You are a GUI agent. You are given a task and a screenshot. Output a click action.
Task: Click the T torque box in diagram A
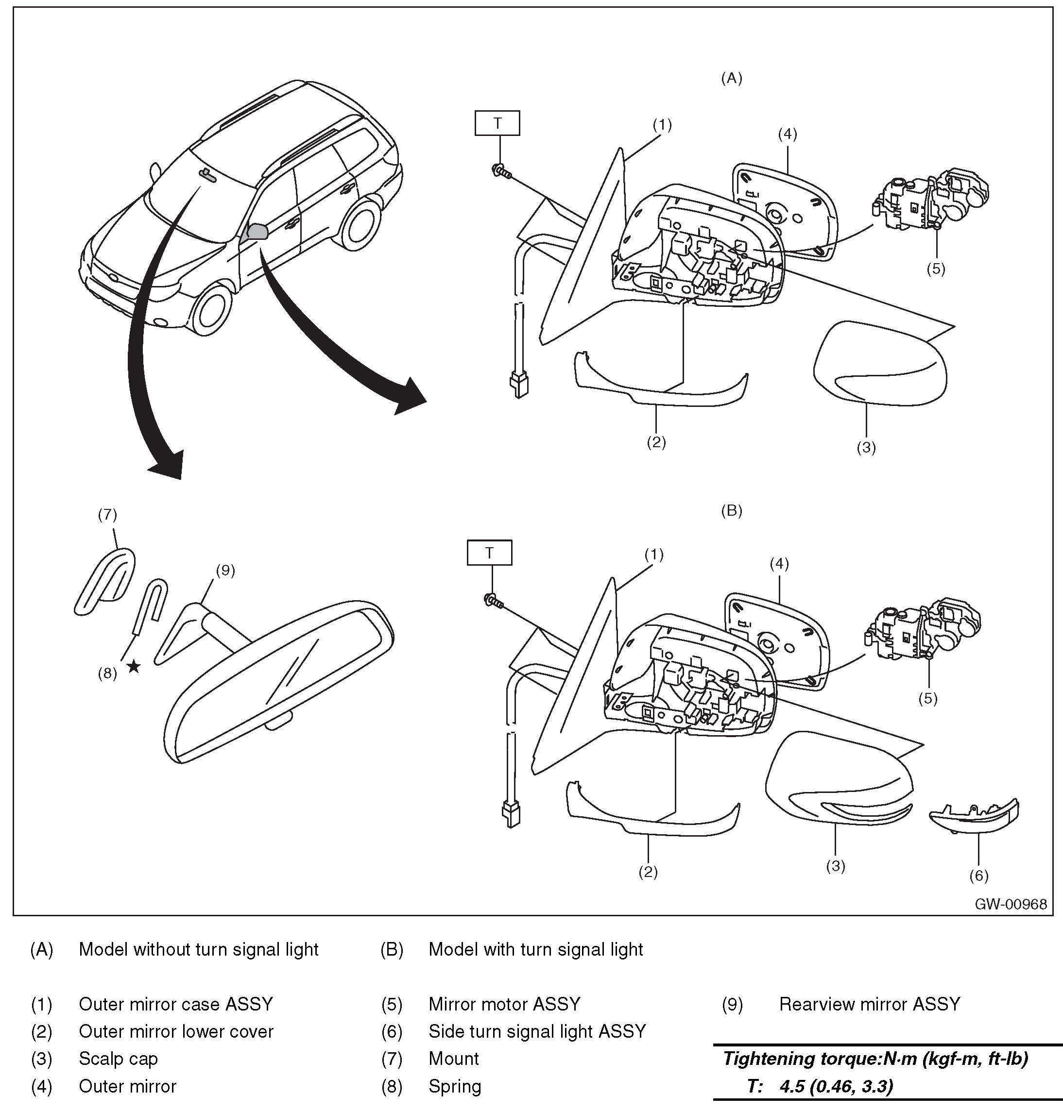(497, 123)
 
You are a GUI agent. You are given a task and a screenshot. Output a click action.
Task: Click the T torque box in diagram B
(489, 553)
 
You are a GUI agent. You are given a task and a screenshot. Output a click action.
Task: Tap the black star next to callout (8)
(134, 667)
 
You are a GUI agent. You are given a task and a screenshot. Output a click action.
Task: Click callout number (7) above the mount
(107, 515)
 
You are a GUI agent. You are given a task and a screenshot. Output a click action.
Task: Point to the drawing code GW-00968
(1011, 904)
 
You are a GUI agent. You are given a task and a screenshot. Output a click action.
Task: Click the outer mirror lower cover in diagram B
(652, 815)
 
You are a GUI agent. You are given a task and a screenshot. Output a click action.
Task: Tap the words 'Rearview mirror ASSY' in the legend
(869, 1004)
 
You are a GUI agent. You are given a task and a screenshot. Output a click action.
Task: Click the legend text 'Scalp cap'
(119, 1059)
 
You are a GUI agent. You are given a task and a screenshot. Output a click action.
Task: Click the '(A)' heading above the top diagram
(731, 78)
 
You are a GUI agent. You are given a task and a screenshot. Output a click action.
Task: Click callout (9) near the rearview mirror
(225, 570)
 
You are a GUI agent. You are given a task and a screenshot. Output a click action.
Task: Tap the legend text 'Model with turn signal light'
(535, 949)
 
